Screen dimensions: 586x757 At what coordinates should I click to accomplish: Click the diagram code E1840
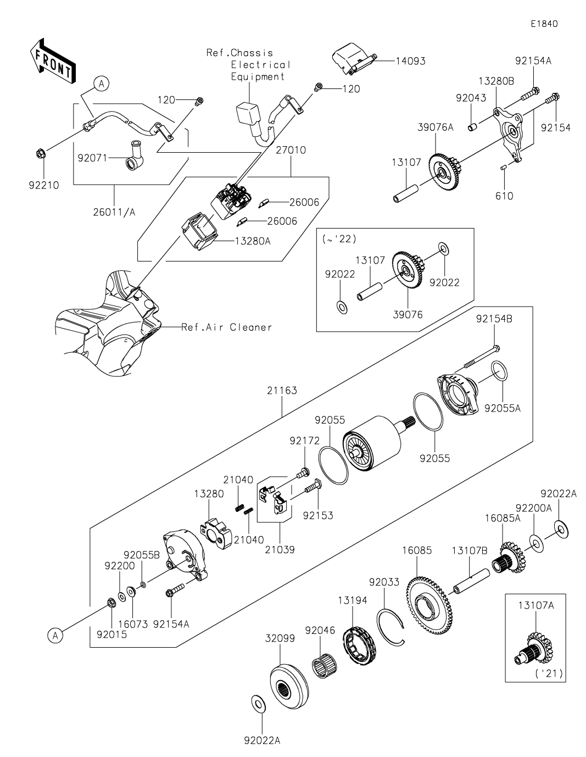tap(544, 24)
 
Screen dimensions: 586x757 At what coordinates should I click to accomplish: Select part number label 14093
tap(410, 62)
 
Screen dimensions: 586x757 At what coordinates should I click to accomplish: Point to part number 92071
tap(92, 158)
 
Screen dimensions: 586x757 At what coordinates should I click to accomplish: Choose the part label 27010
tap(291, 150)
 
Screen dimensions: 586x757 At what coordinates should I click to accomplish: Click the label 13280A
tap(253, 241)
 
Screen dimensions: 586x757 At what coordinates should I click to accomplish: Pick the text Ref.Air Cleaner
tap(227, 327)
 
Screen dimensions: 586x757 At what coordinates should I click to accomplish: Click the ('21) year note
tap(549, 673)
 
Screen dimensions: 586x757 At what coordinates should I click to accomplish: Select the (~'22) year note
tap(339, 239)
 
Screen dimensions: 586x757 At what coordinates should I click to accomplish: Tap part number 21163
tap(282, 391)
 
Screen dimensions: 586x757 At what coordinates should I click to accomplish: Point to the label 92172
tap(305, 441)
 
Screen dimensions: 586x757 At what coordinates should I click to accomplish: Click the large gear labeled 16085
tap(429, 606)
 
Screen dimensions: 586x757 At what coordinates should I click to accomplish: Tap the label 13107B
tap(470, 551)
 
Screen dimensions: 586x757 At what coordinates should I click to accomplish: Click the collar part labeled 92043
tap(472, 127)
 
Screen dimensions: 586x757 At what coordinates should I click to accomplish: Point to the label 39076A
tap(436, 127)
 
